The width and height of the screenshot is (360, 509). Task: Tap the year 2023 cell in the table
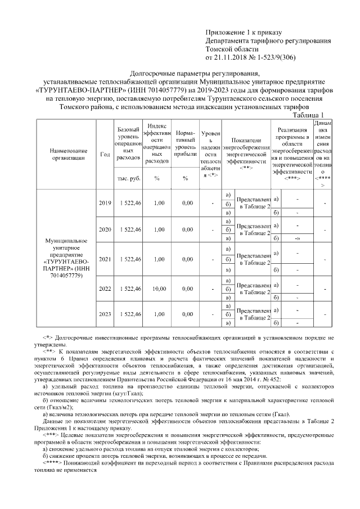[x=105, y=314]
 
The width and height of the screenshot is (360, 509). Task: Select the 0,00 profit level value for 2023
[x=184, y=314]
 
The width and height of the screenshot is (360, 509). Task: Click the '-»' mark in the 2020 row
[x=296, y=239]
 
